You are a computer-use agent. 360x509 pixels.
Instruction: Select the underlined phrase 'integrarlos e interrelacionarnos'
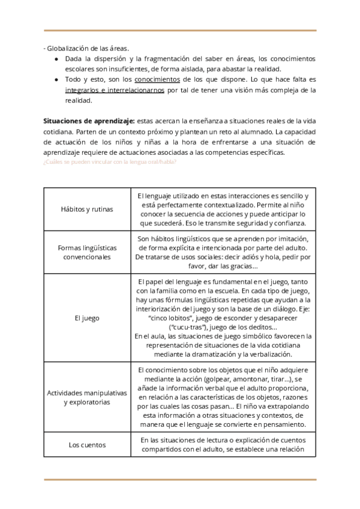[116, 90]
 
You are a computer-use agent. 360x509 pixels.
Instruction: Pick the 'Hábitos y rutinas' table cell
[87, 209]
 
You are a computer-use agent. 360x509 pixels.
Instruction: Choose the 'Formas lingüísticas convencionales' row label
[87, 252]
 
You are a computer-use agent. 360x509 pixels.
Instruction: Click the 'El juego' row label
[87, 318]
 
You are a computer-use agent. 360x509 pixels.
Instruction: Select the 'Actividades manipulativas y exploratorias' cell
[87, 397]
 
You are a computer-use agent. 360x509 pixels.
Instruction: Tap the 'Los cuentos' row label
[87, 445]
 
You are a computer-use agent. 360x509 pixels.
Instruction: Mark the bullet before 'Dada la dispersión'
[56, 59]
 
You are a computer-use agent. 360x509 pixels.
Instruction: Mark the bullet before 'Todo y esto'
[56, 79]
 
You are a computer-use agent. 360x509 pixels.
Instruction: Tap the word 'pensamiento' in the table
[284, 424]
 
